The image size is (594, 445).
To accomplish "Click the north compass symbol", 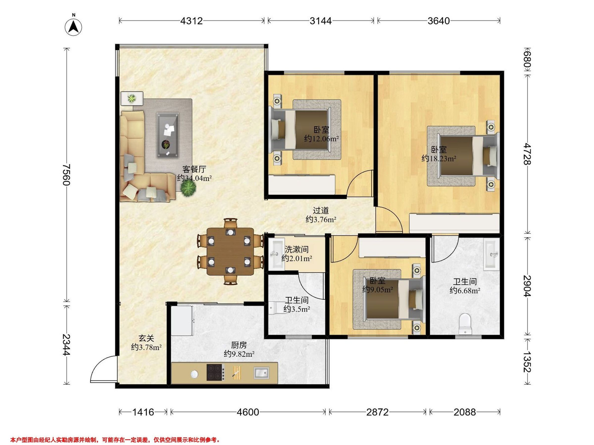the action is click(73, 27).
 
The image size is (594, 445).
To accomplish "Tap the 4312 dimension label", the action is click(192, 21).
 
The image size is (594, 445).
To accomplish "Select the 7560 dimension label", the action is click(66, 175).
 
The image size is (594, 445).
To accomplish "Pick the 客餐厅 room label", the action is click(194, 170).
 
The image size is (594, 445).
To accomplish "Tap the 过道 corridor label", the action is click(321, 211).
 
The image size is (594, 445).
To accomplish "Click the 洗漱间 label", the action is click(297, 249).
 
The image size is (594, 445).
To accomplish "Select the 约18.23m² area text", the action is click(439, 158).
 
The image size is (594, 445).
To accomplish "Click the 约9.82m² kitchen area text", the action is click(239, 354).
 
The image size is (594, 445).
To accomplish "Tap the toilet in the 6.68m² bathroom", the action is click(465, 324).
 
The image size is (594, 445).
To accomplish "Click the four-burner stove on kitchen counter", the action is click(216, 372).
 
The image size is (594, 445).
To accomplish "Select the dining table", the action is click(230, 252).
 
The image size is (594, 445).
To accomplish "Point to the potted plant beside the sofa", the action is click(189, 189).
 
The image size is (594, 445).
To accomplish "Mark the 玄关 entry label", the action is click(146, 338).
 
